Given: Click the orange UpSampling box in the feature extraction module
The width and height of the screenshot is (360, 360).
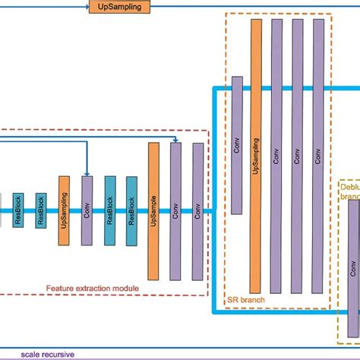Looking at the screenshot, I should click(x=64, y=210).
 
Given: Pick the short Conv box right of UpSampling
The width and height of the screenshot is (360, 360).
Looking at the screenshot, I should click(x=87, y=210).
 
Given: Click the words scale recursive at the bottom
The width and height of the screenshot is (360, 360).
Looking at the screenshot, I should click(x=43, y=354).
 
